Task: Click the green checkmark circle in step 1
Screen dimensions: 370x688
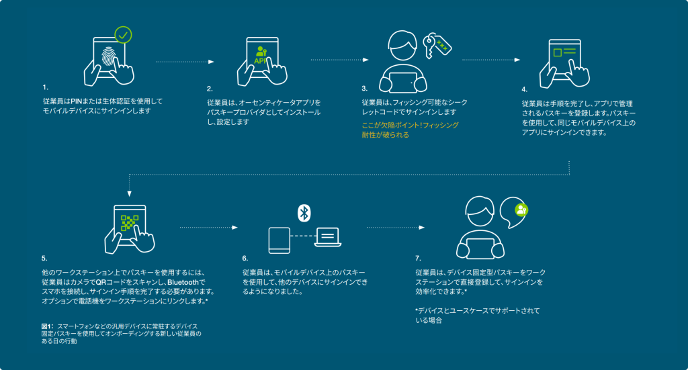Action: (122, 34)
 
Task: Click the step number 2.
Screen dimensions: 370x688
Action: (210, 88)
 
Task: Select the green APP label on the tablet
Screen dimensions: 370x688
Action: (261, 60)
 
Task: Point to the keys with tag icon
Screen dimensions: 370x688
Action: (436, 45)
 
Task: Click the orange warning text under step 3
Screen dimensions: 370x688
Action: (410, 130)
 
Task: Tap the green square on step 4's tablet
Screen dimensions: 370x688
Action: (556, 52)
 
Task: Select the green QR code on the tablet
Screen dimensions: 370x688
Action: (130, 223)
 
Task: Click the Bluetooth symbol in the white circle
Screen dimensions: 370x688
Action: (304, 213)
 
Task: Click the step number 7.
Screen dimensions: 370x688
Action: (418, 258)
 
